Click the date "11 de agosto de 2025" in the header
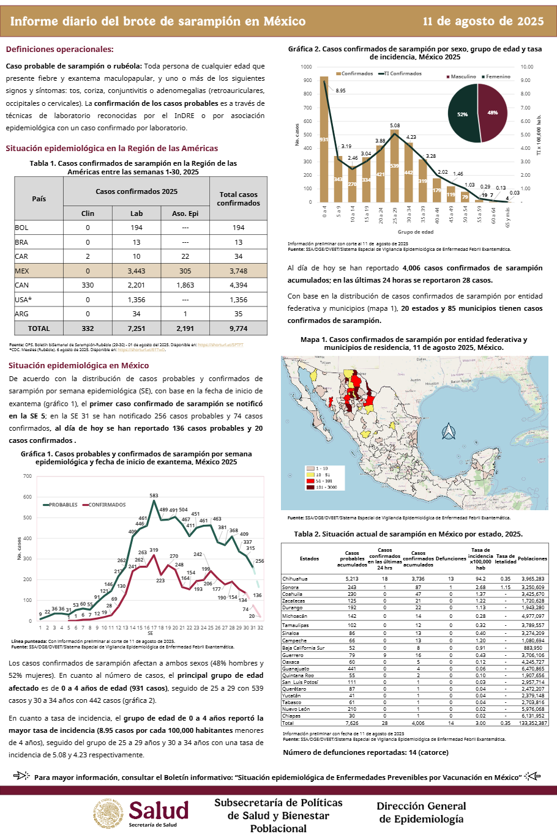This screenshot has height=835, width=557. [x=483, y=21]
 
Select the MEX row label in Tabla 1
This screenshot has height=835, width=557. [x=22, y=271]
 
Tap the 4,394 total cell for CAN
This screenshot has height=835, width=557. [x=238, y=285]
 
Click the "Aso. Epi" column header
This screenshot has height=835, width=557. [x=185, y=213]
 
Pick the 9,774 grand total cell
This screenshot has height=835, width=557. [x=238, y=328]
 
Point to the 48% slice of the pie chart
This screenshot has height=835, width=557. [x=493, y=113]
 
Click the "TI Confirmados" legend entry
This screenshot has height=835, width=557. [x=402, y=73]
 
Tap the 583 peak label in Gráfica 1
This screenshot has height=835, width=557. [x=154, y=495]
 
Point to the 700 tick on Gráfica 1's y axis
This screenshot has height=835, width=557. [x=28, y=476]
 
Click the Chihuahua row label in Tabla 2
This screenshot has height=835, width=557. [x=295, y=579]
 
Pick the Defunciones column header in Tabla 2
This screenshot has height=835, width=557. [x=450, y=559]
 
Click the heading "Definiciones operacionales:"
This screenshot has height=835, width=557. [x=59, y=50]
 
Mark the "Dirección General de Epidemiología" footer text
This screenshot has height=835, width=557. [x=421, y=812]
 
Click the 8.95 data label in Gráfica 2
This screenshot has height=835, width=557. [x=340, y=91]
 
